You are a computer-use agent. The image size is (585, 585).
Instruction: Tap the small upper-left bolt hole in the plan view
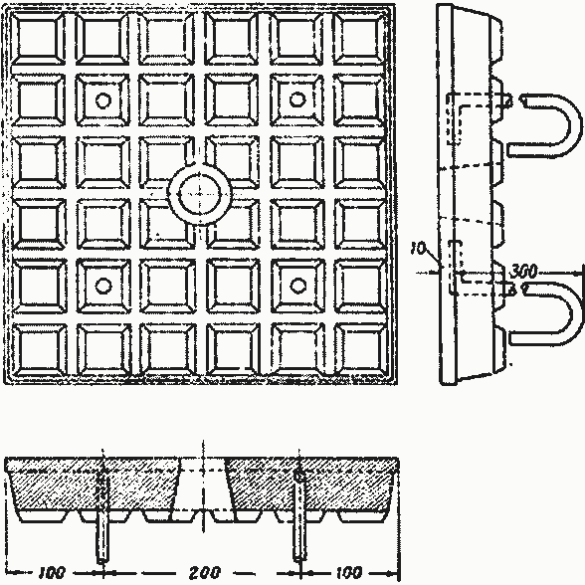(103, 100)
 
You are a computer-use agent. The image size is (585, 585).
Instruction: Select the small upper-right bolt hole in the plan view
(297, 99)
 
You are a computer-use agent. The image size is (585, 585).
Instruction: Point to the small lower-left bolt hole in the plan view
(103, 286)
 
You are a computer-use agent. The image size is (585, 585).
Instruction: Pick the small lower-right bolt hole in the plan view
(298, 286)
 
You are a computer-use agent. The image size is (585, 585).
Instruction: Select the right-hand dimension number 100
(349, 572)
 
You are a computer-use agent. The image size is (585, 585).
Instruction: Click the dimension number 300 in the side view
(523, 272)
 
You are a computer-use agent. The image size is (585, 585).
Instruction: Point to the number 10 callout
(418, 248)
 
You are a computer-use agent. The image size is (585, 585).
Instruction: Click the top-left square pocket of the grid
(38, 39)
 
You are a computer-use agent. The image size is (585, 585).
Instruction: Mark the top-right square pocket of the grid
(360, 39)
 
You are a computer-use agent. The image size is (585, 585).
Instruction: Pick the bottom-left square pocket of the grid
(39, 350)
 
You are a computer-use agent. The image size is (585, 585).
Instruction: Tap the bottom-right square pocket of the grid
(361, 350)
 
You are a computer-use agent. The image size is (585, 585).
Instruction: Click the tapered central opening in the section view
(203, 485)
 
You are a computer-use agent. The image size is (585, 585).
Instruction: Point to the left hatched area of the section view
(94, 485)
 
